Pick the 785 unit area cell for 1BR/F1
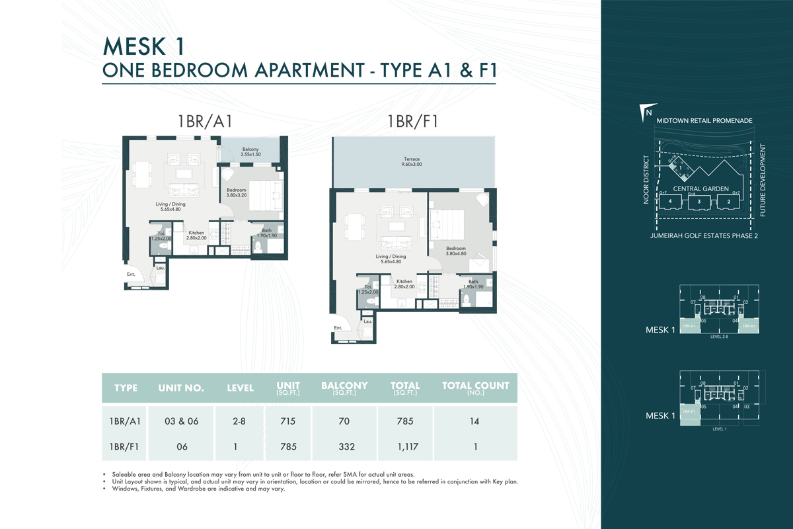tap(287, 446)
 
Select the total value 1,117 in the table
tap(404, 446)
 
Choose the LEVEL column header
tap(240, 388)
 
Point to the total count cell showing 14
tap(475, 421)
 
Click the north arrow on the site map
tap(647, 111)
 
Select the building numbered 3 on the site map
tap(699, 202)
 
